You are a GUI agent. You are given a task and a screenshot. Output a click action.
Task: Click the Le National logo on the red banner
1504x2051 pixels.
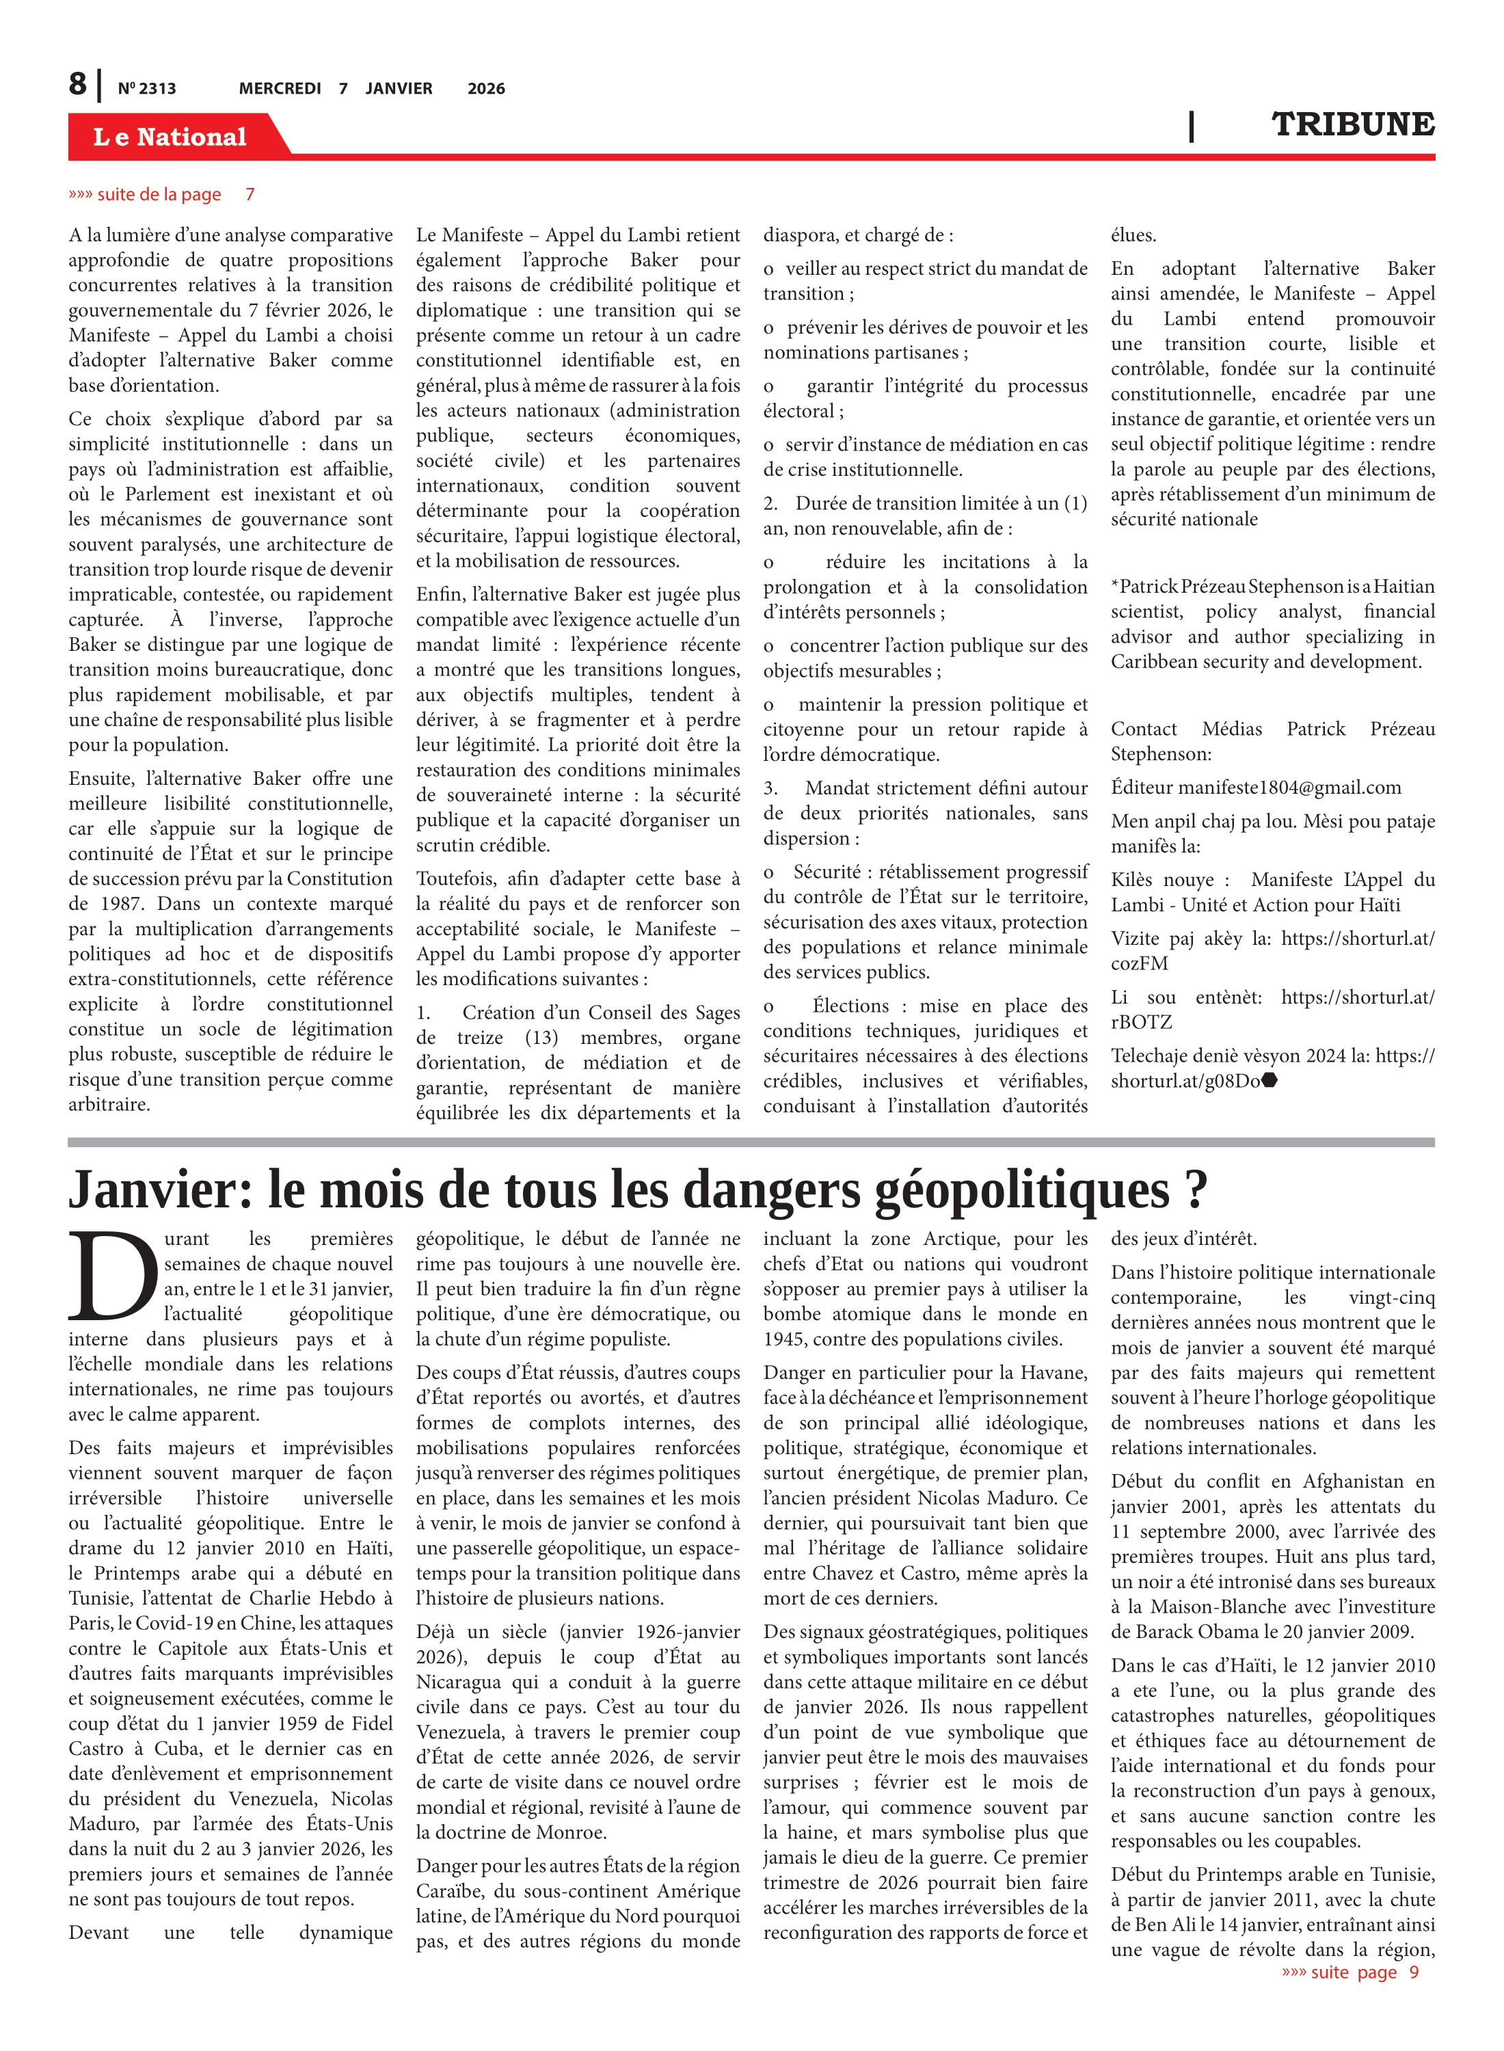(x=170, y=137)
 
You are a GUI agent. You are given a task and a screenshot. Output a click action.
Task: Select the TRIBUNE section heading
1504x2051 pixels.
(x=1352, y=124)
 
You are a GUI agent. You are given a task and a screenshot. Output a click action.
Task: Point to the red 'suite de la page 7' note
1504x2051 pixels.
(x=161, y=194)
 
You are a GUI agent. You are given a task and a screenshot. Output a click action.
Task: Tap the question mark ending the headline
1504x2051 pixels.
(x=1196, y=1188)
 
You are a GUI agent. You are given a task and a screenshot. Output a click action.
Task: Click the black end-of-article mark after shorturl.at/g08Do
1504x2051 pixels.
(x=1270, y=1081)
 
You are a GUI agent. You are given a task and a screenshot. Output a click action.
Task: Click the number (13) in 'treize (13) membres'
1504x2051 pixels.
(x=541, y=1037)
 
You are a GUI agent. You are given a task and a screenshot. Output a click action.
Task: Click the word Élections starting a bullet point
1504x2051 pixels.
(x=850, y=1005)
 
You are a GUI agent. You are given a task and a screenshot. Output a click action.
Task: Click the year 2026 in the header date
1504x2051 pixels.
(x=486, y=88)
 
